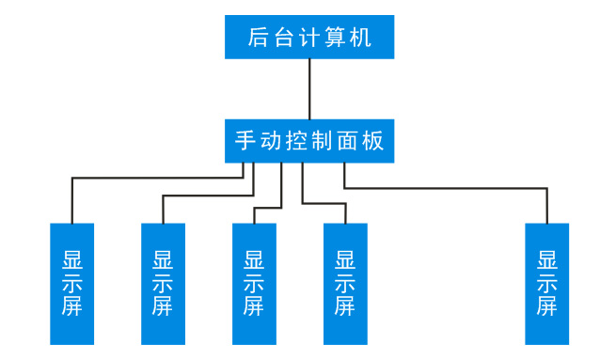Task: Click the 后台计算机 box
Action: point(309,38)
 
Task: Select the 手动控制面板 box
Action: point(309,141)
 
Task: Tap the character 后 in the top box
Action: point(259,38)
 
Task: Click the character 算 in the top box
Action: point(335,38)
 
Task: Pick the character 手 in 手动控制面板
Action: point(245,141)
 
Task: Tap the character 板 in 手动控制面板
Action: point(373,141)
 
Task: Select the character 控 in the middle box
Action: point(296,141)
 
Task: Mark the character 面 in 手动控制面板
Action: point(348,141)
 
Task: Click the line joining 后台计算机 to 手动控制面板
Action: point(309,89)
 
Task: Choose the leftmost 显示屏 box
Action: point(72,283)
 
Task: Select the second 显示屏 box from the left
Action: point(163,283)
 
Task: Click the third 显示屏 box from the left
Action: point(254,283)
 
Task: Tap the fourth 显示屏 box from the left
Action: point(345,283)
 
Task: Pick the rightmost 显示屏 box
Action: point(546,283)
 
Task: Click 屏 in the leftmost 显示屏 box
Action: point(72,306)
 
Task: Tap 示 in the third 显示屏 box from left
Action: point(254,283)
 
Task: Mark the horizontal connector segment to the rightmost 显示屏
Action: point(446,189)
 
